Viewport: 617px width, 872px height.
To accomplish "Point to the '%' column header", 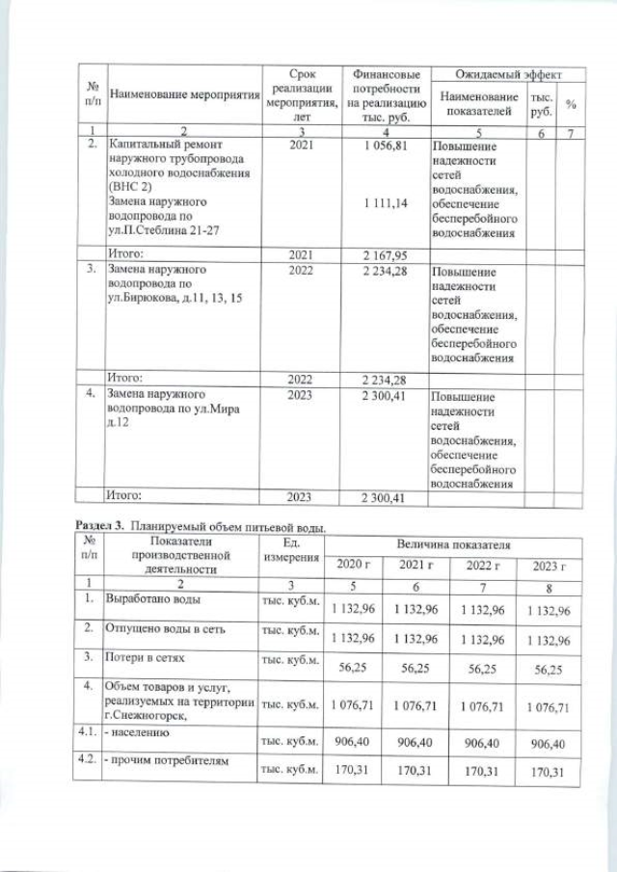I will [571, 104].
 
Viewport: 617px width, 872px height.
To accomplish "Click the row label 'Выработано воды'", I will [154, 600].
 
